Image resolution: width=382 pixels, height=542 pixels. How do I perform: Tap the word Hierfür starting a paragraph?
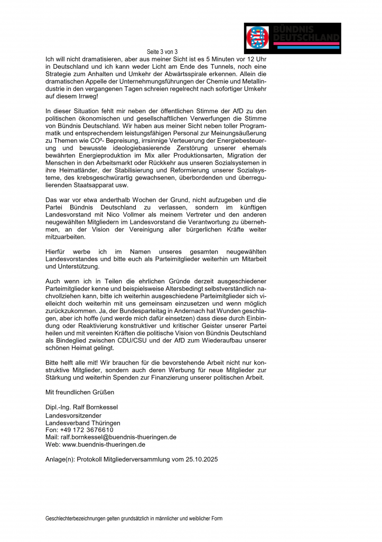click(x=58, y=251)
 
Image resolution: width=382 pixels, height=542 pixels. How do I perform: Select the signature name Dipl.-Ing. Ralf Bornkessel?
click(x=81, y=407)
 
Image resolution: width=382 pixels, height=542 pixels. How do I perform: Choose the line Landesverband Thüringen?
click(x=82, y=423)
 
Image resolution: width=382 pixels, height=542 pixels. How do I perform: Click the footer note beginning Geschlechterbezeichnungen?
click(x=134, y=519)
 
